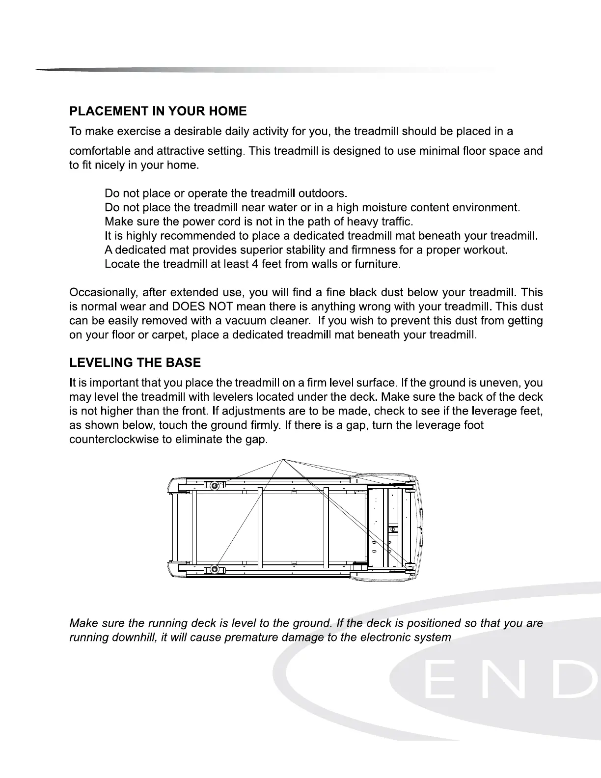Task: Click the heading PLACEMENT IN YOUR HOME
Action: [158, 111]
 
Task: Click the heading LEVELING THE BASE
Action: [135, 363]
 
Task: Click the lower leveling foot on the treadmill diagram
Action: [214, 570]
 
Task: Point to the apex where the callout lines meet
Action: [283, 459]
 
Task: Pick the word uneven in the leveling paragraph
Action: [506, 383]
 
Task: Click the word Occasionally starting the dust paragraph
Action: [103, 293]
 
